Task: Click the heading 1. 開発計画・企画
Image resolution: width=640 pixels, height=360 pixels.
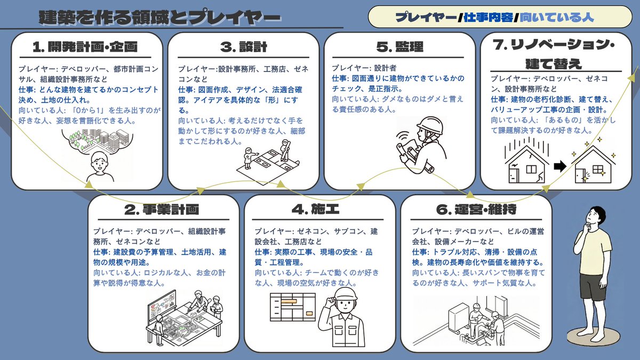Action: [x=85, y=47]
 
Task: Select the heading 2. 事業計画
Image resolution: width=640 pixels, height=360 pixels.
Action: [x=162, y=210]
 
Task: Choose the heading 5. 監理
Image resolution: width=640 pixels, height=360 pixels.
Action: [x=399, y=47]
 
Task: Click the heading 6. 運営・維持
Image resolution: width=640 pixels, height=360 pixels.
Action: [x=476, y=210]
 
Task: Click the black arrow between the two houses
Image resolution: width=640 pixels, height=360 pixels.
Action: [x=560, y=166]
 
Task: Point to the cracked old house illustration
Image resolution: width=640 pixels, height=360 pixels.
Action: [x=527, y=162]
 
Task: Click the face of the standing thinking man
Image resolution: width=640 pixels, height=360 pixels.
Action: [x=594, y=217]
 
